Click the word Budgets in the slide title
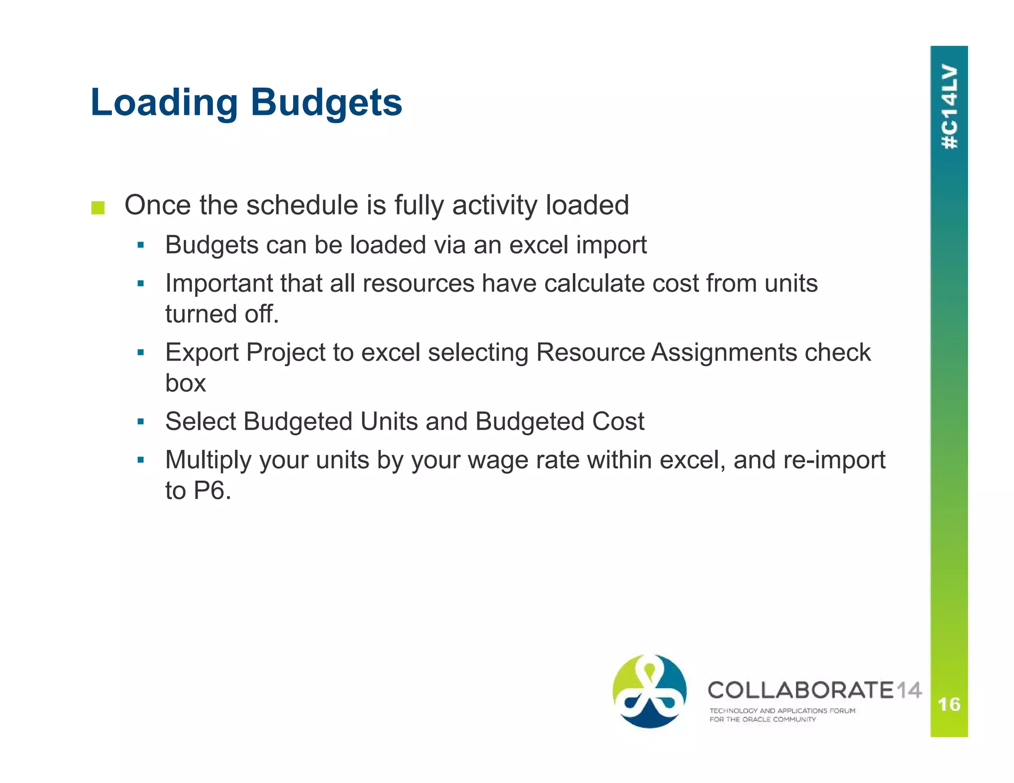326,103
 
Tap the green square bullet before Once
98,208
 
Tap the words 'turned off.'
222,314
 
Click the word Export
202,353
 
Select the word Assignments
724,353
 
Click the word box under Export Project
185,384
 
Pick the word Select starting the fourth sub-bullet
201,422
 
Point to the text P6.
212,491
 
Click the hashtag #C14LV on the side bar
949,106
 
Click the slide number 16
949,704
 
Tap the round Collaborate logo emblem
649,691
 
